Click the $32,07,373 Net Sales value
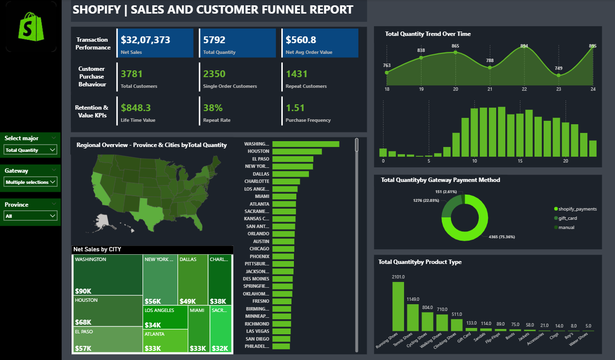146,40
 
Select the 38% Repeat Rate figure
213,108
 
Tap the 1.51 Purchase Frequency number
295,108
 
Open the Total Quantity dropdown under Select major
31,150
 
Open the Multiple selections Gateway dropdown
31,182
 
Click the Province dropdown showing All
31,216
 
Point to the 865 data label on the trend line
455,46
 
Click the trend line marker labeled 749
559,75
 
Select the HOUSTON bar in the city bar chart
297,151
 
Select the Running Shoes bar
398,306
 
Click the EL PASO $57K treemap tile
107,340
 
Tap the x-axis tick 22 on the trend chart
524,89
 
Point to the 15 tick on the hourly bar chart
520,161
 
